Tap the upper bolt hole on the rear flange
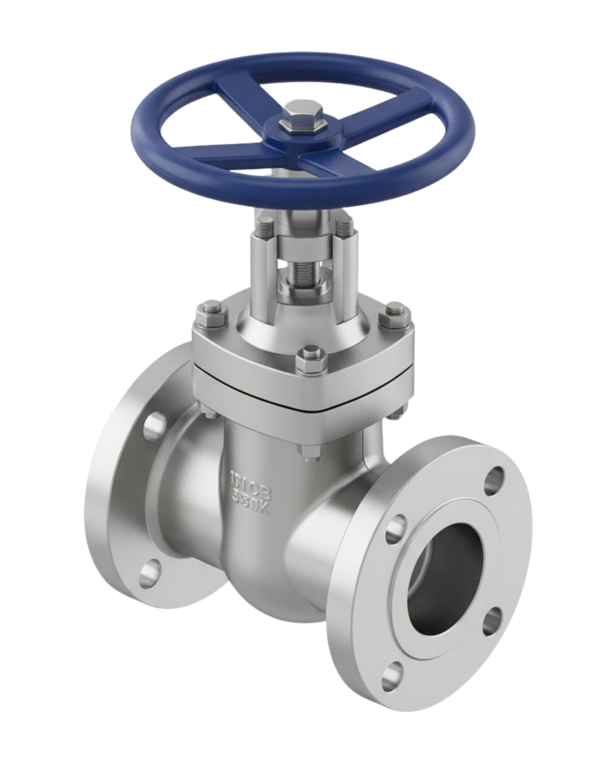coord(152,427)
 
